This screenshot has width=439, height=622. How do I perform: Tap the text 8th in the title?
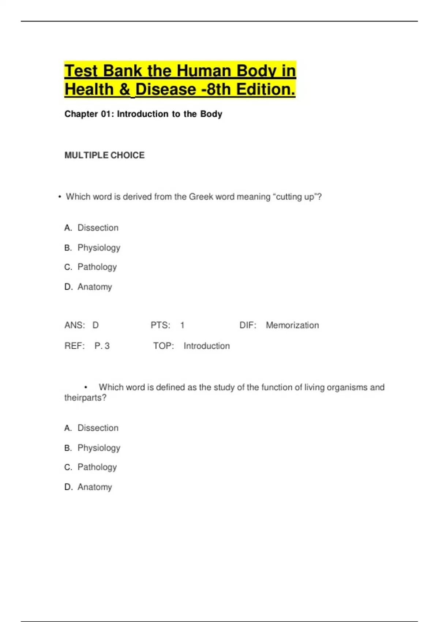[219, 90]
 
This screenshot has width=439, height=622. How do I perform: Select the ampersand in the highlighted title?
[124, 90]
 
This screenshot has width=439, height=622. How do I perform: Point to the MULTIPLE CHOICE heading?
[104, 155]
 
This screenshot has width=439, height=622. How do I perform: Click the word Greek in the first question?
[201, 197]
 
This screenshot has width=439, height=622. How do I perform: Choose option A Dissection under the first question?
[98, 228]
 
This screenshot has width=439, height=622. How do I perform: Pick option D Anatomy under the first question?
[94, 287]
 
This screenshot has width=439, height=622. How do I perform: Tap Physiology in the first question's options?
[99, 248]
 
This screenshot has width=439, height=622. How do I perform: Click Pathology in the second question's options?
[97, 467]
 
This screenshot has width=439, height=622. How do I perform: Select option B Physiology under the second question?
[99, 448]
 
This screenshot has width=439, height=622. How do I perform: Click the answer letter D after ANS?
[95, 325]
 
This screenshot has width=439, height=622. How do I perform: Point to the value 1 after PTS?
[182, 325]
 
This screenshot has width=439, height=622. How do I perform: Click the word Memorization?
[292, 325]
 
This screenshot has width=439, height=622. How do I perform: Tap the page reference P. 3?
[102, 346]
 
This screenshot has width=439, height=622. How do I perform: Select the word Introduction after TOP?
[207, 346]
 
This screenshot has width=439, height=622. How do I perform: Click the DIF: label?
[248, 325]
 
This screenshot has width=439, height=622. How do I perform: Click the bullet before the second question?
[86, 387]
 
